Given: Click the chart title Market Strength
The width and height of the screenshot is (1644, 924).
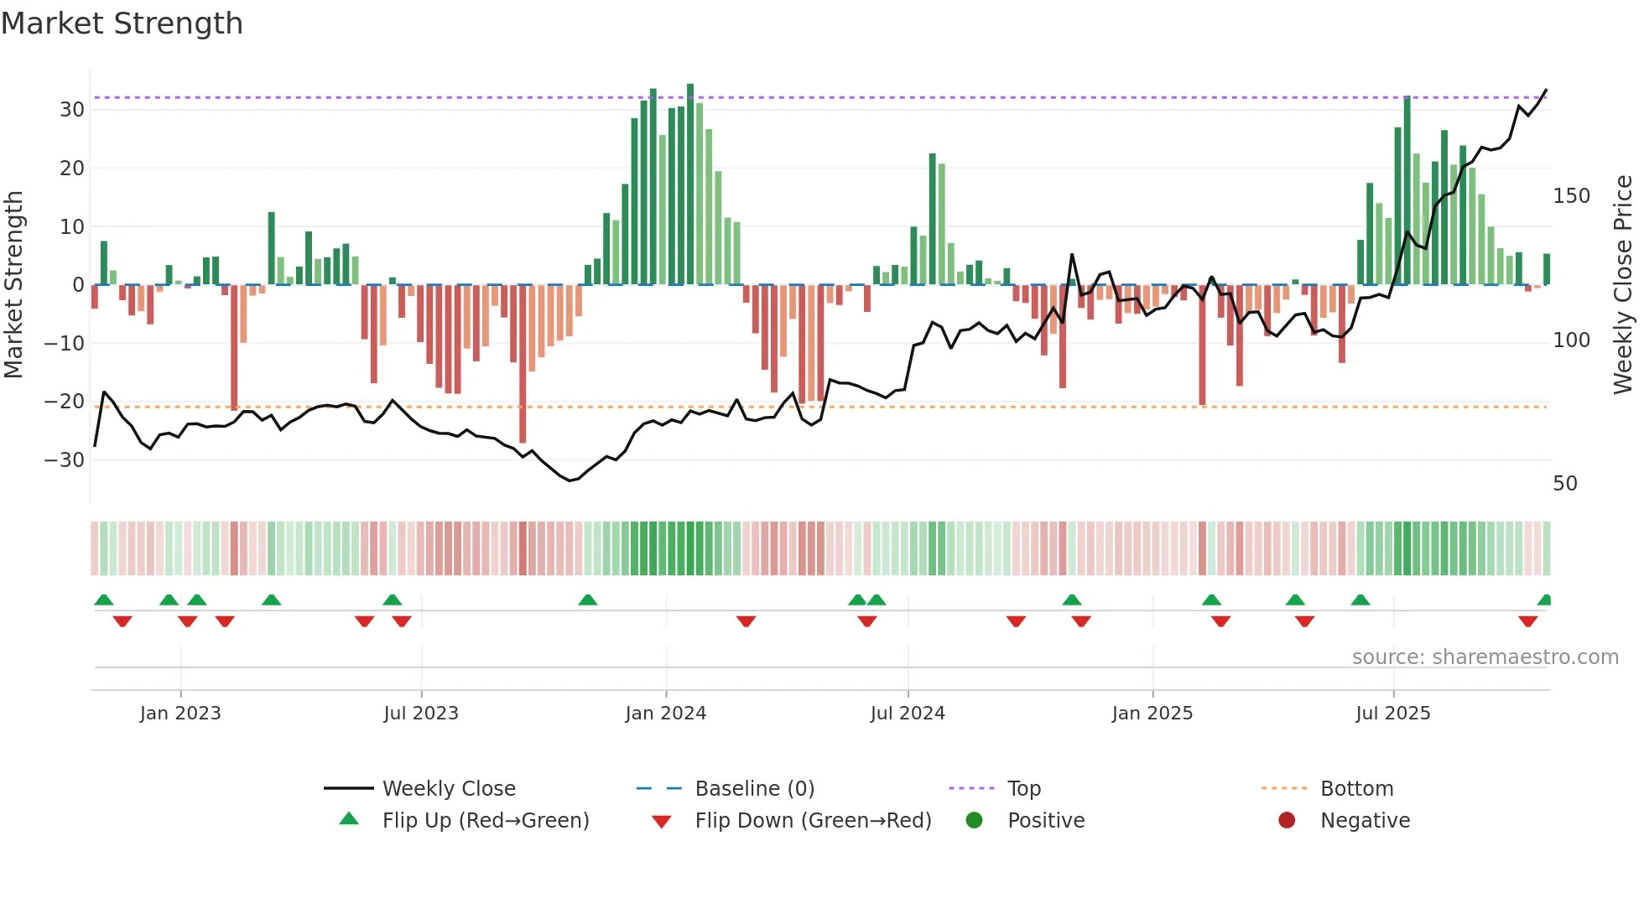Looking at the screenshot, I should (x=122, y=23).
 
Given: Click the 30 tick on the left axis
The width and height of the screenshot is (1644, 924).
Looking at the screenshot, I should (x=72, y=110).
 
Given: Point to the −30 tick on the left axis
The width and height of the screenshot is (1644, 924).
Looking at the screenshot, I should (x=65, y=460).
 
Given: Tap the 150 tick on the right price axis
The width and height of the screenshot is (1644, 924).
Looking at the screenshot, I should (x=1571, y=196).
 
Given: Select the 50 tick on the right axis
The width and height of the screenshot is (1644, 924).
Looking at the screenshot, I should (x=1564, y=484).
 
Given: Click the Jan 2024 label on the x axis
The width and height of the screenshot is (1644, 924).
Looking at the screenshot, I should (x=665, y=714).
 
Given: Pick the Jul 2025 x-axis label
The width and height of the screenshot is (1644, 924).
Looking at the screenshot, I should (x=1392, y=714).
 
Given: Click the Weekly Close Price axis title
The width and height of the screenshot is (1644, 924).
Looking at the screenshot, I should (x=1623, y=285).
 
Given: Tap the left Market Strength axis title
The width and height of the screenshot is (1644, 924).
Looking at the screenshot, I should (x=13, y=285).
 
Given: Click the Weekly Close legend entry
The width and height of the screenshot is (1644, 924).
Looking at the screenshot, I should (x=449, y=789).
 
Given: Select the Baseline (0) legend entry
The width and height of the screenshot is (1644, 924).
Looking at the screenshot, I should (x=754, y=789).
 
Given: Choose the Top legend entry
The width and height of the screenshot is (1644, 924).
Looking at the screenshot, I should (x=1023, y=789).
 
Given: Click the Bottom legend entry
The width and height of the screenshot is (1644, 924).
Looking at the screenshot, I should (x=1356, y=789).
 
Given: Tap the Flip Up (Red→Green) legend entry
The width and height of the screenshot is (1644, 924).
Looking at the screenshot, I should (x=485, y=821).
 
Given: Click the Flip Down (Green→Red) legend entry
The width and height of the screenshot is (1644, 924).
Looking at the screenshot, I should (x=813, y=821).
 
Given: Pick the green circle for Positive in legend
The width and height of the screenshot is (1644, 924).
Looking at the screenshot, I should (x=974, y=821).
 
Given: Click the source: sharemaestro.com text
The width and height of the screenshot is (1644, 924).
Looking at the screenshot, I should (x=1485, y=657).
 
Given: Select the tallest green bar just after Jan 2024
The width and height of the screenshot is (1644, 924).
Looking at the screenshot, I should (x=690, y=184).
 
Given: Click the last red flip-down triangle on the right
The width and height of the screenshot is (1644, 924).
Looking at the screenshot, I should (x=1527, y=621).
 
